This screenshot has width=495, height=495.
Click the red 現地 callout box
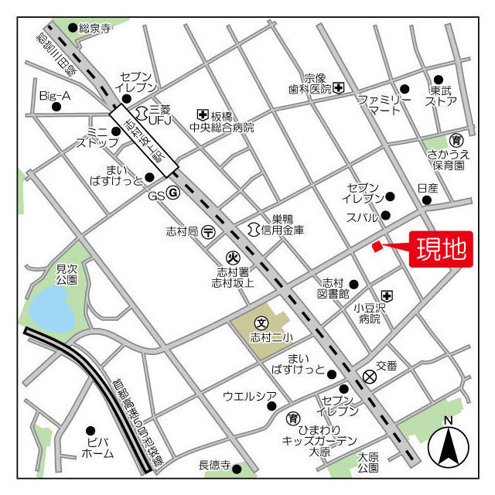coord(441,249)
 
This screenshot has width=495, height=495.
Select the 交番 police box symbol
coord(370,377)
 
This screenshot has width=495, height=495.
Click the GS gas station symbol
coord(174,194)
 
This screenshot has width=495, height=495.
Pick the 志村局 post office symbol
coord(208,230)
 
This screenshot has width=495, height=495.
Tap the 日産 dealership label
coord(427,188)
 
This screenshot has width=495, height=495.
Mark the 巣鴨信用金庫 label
coord(282,224)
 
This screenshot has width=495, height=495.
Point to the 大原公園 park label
coord(368,462)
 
